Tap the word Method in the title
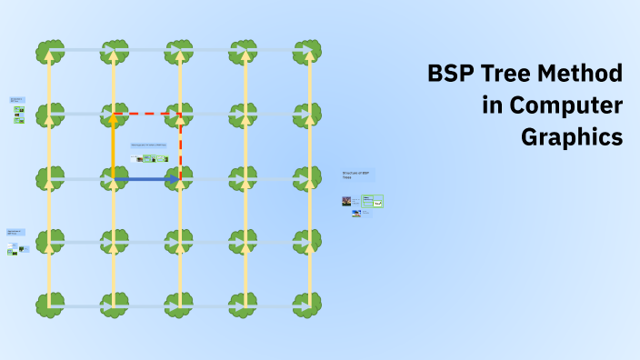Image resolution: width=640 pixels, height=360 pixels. point(585,75)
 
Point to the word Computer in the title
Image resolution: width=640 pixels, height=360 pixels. point(565,105)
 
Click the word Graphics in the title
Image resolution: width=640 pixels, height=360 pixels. point(572,137)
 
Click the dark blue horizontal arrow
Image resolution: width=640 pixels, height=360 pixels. point(145,180)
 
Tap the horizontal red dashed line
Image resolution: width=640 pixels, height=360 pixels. point(147,115)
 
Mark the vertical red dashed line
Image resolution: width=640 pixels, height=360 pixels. point(180,145)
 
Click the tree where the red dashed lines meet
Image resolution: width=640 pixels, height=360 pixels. point(180,115)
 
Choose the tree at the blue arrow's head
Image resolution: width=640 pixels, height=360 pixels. point(180,179)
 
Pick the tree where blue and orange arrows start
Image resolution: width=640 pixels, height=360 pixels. point(114,179)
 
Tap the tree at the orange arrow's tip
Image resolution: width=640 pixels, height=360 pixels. point(114,115)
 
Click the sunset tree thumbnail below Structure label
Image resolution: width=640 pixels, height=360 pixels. point(346,201)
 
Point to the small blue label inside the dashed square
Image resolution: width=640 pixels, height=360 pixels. point(148,145)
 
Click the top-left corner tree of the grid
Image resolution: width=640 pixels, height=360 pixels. point(49,51)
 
